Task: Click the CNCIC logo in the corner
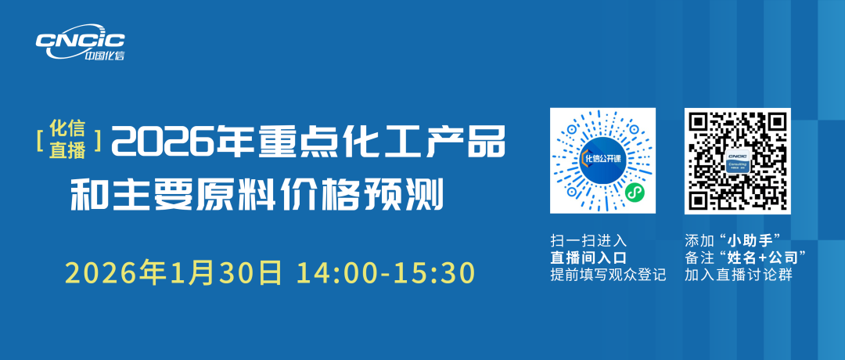coord(81,42)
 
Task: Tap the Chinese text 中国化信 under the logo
coord(104,55)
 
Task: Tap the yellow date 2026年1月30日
coord(174,273)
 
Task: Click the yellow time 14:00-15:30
coord(386,273)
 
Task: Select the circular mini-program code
coord(602,160)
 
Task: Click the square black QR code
coord(738,160)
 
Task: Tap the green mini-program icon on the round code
coord(634,192)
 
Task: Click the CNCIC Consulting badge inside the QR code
coord(738,160)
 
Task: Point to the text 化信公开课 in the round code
coord(603,158)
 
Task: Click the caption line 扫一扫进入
coord(588,239)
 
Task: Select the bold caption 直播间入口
coord(588,257)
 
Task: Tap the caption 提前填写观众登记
coord(609,275)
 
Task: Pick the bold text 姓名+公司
coord(764,257)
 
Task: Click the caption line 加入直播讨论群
coord(739,275)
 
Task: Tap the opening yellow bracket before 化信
coord(41,139)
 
